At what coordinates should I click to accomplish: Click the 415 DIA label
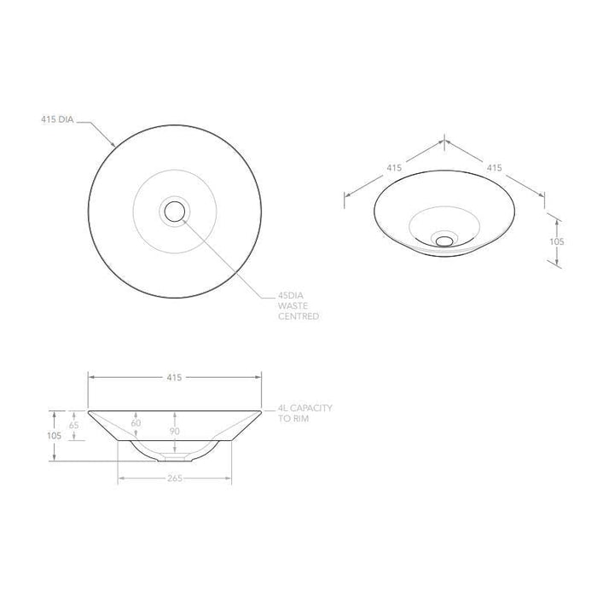pos(57,121)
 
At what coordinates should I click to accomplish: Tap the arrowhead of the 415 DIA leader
pos(114,146)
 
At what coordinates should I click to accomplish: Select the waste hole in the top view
pos(175,210)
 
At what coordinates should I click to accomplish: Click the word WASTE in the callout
pos(292,305)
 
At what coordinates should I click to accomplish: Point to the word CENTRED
pos(298,316)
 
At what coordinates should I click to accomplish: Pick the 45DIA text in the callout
pos(291,295)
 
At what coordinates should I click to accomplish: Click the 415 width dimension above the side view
pos(174,376)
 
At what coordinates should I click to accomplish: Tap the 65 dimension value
pos(74,424)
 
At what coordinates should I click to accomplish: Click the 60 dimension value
pos(136,422)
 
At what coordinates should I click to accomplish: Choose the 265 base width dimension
pos(174,478)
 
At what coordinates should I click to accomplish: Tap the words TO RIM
pos(294,419)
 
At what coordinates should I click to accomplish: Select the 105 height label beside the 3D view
pos(557,241)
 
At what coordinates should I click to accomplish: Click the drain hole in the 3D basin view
pos(443,240)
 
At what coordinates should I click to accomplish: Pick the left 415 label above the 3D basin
pos(394,168)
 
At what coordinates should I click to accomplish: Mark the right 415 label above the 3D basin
pos(494,168)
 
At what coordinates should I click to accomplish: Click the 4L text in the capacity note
pos(282,409)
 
